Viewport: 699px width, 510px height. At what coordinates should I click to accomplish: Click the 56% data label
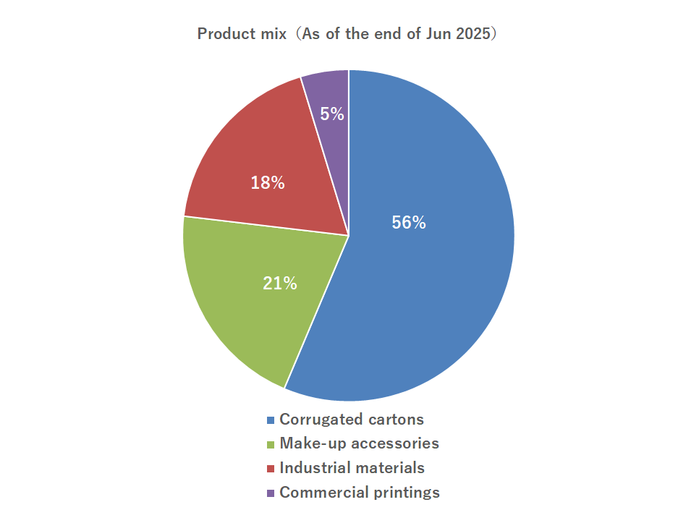tap(409, 223)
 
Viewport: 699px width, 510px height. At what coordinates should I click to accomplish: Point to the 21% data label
tap(280, 284)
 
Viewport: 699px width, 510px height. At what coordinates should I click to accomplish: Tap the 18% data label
tap(268, 183)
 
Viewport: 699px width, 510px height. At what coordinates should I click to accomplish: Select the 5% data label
tap(332, 114)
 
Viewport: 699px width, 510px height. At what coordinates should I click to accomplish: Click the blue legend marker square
tap(271, 420)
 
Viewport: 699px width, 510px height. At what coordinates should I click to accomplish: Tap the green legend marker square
tap(271, 444)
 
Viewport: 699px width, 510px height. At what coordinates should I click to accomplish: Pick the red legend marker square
tap(271, 469)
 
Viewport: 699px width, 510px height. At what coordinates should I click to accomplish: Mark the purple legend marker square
tap(271, 493)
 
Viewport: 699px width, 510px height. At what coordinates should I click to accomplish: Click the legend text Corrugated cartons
tap(352, 420)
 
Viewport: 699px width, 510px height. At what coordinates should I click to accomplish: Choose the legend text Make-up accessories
tap(359, 443)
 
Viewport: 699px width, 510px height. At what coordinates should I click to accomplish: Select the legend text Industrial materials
tap(352, 468)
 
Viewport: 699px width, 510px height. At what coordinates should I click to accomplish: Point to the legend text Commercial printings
tap(360, 493)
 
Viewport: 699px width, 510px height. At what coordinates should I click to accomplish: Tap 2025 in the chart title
tap(474, 34)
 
